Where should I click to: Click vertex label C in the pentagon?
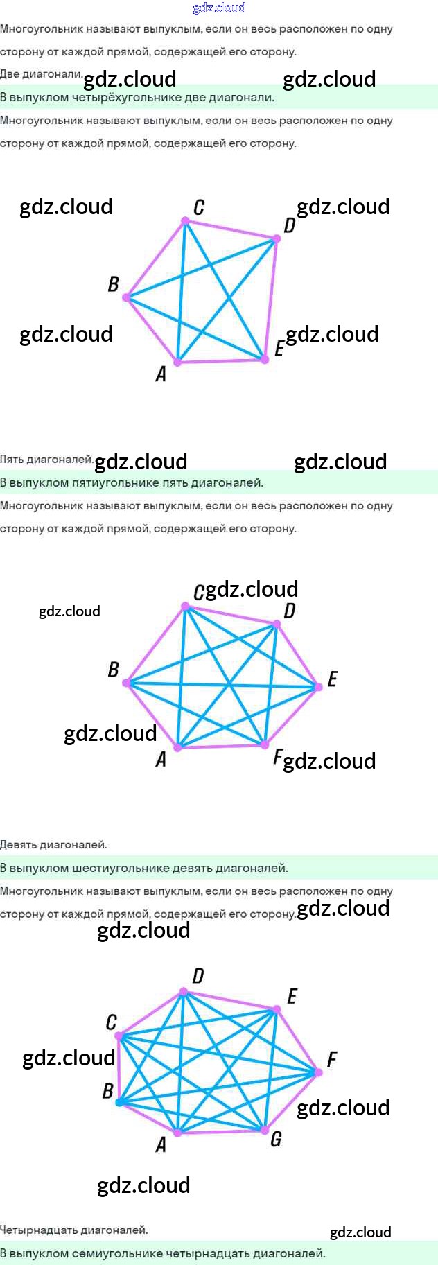click(199, 207)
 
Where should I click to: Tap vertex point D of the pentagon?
click(276, 238)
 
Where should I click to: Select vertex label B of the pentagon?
click(113, 284)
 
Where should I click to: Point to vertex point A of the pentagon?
click(177, 362)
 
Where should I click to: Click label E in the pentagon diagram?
click(279, 348)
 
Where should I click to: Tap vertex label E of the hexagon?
click(333, 679)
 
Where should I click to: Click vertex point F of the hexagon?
click(264, 745)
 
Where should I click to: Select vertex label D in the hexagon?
click(289, 610)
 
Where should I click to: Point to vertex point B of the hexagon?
click(127, 683)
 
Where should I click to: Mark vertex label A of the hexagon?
click(161, 760)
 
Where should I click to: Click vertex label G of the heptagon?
click(276, 1139)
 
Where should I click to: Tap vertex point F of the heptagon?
click(318, 1072)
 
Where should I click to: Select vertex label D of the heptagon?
click(198, 976)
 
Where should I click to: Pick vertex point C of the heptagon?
click(119, 1037)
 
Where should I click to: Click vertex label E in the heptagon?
click(292, 996)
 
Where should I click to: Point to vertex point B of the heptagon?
click(119, 1102)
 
